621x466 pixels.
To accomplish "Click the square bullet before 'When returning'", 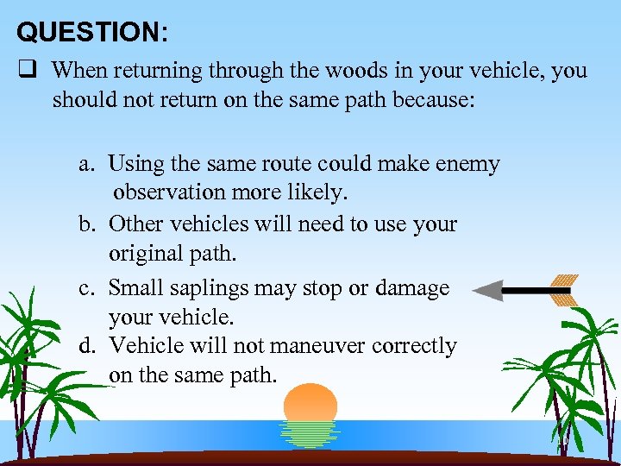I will (27, 70).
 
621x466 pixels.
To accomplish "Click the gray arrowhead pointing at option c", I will (488, 291).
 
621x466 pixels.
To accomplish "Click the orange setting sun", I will (310, 404).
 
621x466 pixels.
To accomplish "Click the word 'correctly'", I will (416, 347).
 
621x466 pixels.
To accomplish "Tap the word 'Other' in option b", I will (135, 224).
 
